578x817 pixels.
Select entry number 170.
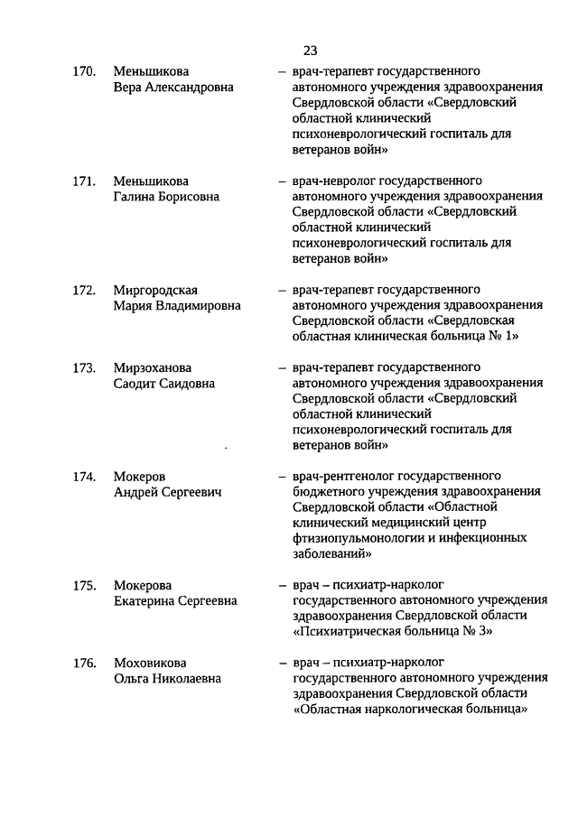click(x=84, y=71)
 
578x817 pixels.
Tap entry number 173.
click(x=84, y=367)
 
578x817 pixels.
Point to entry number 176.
click(x=84, y=664)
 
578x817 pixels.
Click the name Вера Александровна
click(x=173, y=88)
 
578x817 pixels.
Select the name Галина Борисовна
click(x=165, y=196)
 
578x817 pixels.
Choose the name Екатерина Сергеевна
click(x=175, y=600)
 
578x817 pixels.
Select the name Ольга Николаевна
click(x=167, y=680)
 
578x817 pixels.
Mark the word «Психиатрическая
click(x=348, y=632)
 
